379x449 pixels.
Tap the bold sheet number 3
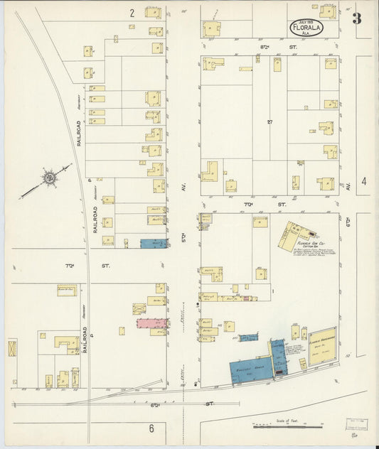point(356,18)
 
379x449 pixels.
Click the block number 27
point(270,122)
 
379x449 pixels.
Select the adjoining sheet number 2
point(132,13)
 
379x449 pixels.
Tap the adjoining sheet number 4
point(363,182)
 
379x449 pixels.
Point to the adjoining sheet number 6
point(151,428)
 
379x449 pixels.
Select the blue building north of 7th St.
point(153,244)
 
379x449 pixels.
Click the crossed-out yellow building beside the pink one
point(139,309)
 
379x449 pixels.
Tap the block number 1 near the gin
point(272,290)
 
